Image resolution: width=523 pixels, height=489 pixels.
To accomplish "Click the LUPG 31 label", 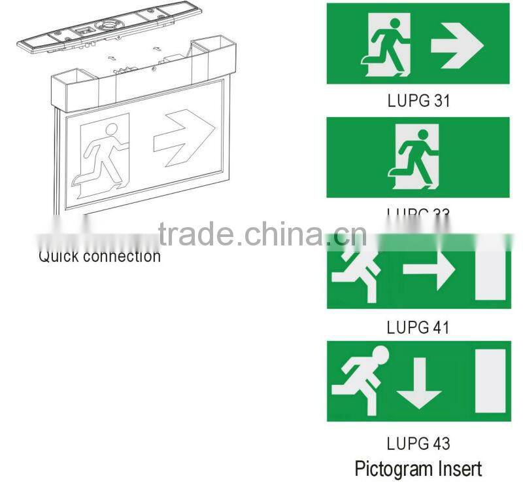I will tap(418, 101).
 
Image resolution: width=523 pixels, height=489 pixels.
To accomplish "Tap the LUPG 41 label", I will tap(418, 327).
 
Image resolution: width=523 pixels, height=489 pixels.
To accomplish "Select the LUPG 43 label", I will tap(418, 443).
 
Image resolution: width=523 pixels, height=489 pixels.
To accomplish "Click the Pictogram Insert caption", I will tap(418, 469).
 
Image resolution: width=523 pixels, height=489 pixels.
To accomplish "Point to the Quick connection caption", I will tap(99, 256).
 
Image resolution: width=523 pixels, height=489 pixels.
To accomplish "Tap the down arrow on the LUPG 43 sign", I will tap(419, 382).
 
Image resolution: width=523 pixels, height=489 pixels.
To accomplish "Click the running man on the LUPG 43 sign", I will tap(358, 380).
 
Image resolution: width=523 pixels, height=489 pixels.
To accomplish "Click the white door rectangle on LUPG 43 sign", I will tap(490, 381).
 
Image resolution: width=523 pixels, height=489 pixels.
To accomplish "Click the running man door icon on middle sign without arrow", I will tap(413, 157).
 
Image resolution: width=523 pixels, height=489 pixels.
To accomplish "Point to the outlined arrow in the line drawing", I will tap(184, 133).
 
